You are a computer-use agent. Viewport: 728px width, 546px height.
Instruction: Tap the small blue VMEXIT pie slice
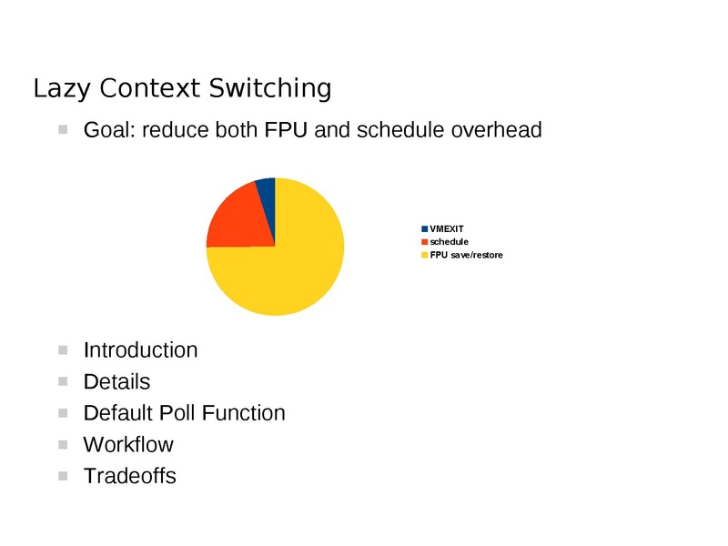click(266, 189)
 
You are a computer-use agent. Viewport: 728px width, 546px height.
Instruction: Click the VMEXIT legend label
click(447, 227)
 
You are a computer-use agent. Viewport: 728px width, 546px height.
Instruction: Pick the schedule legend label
click(449, 241)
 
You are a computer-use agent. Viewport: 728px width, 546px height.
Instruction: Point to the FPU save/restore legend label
click(466, 255)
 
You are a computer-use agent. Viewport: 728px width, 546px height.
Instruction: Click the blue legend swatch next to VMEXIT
click(425, 227)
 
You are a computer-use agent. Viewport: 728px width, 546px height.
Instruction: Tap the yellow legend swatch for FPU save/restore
click(425, 255)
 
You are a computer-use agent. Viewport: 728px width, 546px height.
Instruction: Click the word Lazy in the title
click(62, 88)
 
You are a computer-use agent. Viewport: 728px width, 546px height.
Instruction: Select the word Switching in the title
click(269, 88)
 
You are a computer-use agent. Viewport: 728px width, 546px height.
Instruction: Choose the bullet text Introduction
click(140, 349)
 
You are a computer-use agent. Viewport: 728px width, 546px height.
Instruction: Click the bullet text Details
click(116, 381)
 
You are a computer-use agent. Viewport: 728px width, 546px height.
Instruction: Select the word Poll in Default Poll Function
click(179, 413)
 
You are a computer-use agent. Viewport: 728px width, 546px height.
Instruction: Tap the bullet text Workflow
click(128, 445)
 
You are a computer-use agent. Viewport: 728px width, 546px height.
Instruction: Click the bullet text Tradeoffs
click(129, 476)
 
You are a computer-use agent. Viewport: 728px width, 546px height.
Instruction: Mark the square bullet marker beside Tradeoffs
click(63, 476)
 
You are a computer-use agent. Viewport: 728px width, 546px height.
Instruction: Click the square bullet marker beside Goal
click(63, 130)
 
